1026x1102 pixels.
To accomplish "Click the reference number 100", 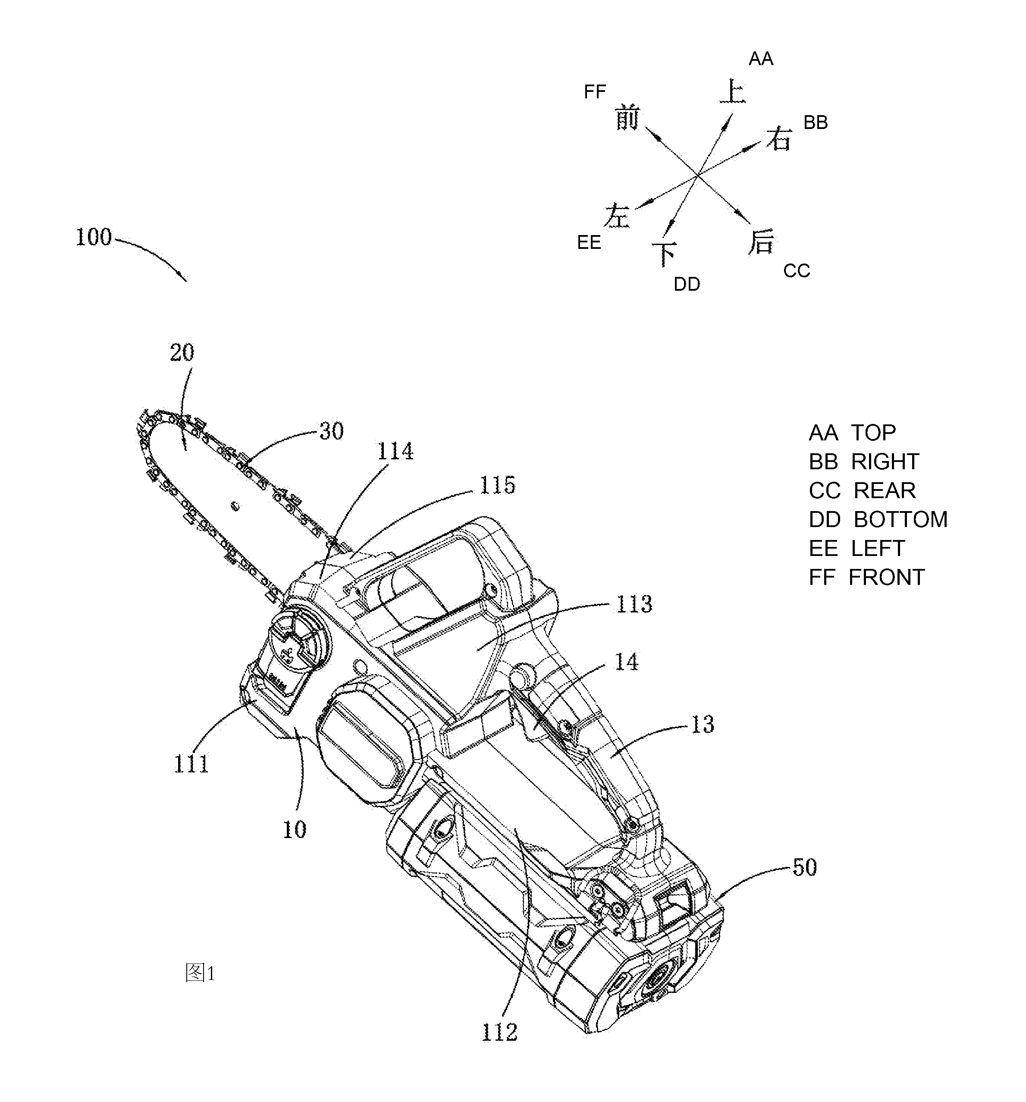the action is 94,237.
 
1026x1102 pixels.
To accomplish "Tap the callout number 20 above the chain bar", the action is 182,352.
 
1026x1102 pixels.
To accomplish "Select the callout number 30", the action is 332,431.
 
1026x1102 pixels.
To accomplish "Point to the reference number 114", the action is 395,452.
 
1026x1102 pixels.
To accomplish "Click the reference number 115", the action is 497,486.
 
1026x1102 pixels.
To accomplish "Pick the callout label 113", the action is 634,604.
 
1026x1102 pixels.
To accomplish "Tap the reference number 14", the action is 626,662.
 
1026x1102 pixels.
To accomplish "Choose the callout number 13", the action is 702,725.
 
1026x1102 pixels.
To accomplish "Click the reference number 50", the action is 804,867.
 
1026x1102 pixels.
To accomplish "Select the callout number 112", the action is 499,1032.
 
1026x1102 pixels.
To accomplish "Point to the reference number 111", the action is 191,764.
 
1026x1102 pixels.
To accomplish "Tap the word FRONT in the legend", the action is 886,577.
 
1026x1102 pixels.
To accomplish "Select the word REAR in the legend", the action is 885,490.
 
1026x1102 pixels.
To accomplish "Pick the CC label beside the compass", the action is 797,270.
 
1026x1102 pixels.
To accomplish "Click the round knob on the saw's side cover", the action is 299,643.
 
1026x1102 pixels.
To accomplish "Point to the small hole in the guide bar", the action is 235,505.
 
